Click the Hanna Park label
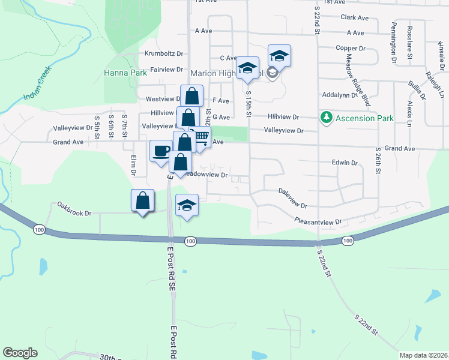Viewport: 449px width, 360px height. (125, 73)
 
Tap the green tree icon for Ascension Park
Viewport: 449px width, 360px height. (327, 118)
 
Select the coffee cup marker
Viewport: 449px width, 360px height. (160, 151)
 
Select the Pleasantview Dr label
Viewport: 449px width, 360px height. (318, 221)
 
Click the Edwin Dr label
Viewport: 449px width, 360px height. (345, 163)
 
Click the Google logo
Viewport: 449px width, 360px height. (20, 353)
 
